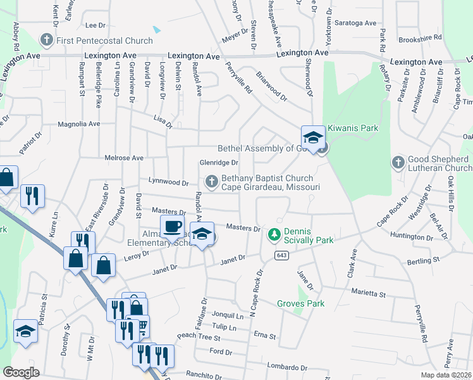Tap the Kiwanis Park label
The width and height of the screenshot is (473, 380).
[352, 128]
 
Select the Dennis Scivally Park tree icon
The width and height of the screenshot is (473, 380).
[274, 235]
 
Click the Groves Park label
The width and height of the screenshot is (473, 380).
[300, 303]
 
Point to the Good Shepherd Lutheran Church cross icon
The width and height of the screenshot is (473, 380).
[398, 163]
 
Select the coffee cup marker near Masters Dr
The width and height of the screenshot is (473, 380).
[172, 226]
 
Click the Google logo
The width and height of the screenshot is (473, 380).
[21, 372]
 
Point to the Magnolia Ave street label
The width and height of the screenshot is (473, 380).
[79, 124]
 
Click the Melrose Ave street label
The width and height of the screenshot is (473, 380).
[123, 158]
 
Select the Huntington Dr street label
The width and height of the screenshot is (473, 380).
[410, 237]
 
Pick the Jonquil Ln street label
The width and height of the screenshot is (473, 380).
[228, 315]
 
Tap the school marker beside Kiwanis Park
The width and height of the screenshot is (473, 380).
[312, 137]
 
